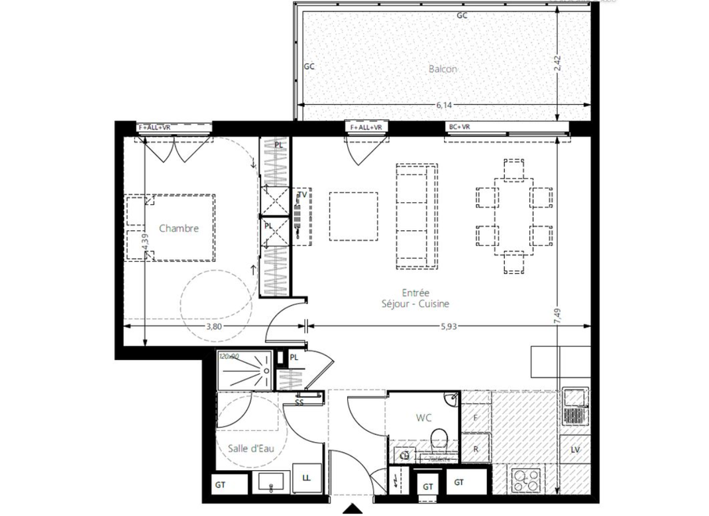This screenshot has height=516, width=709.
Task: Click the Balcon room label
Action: coord(442,68)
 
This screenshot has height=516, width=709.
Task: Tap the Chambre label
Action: coord(178,228)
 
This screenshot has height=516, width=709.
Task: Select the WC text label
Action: coord(423,419)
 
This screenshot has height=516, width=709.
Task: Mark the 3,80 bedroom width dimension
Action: coord(213,326)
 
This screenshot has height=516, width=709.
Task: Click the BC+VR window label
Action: coord(459,127)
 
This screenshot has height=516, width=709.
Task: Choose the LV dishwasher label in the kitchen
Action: coord(574,450)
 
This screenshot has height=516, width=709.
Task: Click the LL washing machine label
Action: coord(306,478)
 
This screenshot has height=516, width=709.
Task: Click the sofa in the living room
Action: coord(416,216)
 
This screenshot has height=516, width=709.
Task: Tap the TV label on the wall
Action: coord(302,195)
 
